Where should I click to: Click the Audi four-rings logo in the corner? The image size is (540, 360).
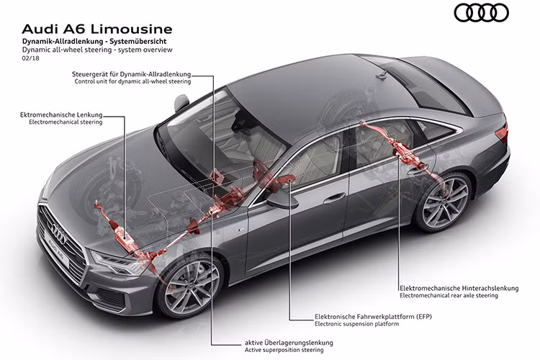(x=481, y=12)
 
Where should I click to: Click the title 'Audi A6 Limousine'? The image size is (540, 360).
(x=97, y=30)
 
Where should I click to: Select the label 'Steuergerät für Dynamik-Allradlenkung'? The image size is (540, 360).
(x=132, y=74)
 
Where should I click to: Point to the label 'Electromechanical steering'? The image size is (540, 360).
(x=66, y=122)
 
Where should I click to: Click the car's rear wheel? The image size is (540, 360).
(x=444, y=202)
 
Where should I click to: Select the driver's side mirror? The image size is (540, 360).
(x=282, y=202)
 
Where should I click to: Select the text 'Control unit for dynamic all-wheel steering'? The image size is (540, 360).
(x=132, y=82)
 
